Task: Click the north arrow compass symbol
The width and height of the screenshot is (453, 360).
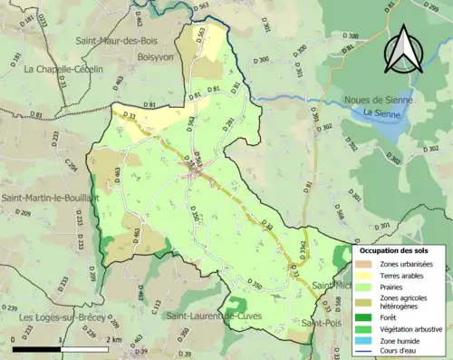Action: pos(404,49)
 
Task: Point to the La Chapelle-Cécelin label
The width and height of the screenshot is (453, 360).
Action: pos(64,69)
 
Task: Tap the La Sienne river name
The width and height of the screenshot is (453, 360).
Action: pos(381,112)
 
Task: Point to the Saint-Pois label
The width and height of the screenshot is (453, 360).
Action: pos(322,324)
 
